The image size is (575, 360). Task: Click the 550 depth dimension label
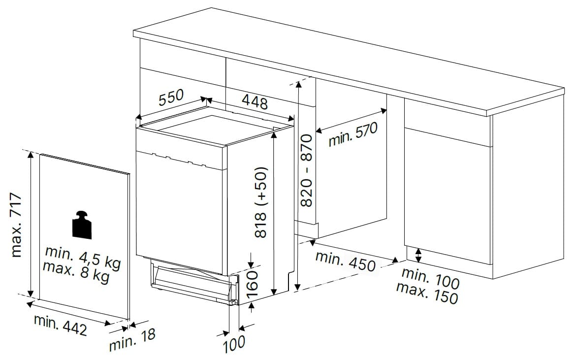[171, 97]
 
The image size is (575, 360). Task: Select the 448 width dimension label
[255, 101]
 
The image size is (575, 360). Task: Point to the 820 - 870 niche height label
[306, 170]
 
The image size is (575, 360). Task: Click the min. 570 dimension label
[353, 134]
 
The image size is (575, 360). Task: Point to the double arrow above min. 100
[418, 256]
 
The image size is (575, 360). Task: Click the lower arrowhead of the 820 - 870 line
[298, 286]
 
